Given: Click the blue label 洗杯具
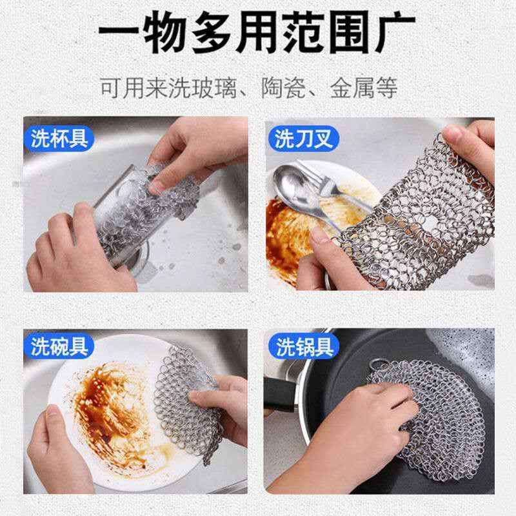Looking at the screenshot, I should point(59,138).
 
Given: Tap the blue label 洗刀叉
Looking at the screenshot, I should point(303,138).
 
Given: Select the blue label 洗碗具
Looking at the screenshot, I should point(59,346).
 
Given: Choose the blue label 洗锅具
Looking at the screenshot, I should point(303,346).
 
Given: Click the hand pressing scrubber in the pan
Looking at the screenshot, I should point(361,439).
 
